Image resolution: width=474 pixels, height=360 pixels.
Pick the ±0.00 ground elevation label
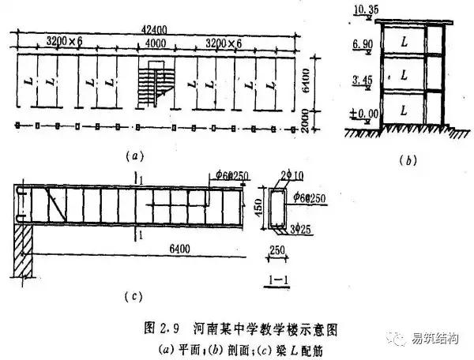coord(360,114)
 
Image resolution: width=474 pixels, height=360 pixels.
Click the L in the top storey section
coord(404,38)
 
